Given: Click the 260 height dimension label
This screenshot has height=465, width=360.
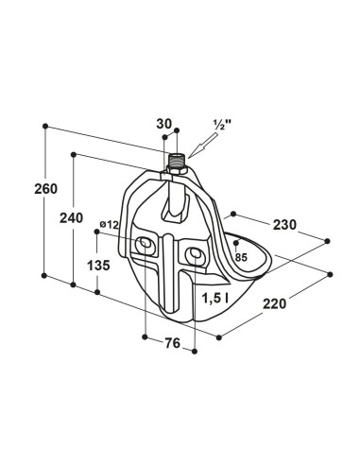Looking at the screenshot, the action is [x=46, y=189].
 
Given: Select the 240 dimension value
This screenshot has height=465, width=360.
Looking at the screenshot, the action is [x=71, y=218].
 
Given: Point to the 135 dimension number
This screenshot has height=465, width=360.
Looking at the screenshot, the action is [x=98, y=266].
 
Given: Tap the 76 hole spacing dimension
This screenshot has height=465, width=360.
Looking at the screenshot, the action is [x=172, y=343].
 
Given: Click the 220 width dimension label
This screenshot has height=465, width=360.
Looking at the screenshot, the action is [x=275, y=304].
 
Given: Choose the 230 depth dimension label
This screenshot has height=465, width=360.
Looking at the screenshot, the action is [x=284, y=225].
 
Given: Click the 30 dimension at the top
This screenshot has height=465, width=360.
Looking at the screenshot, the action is [x=164, y=124].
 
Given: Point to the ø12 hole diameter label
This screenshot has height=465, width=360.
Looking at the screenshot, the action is [x=109, y=225].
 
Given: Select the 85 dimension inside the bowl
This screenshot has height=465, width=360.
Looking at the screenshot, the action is [x=241, y=257].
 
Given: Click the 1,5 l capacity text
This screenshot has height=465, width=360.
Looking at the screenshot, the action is [x=215, y=298].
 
